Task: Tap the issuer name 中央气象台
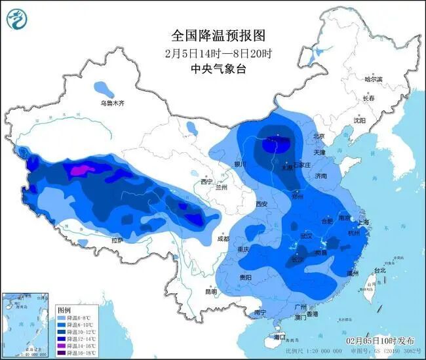(213, 68)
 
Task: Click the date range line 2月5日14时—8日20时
(213, 52)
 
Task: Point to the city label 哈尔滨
(377, 79)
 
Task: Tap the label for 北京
(319, 136)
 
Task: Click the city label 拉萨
(117, 241)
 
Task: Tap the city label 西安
(261, 204)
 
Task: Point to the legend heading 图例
(64, 309)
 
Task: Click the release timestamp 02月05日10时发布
(380, 341)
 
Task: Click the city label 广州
(301, 306)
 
